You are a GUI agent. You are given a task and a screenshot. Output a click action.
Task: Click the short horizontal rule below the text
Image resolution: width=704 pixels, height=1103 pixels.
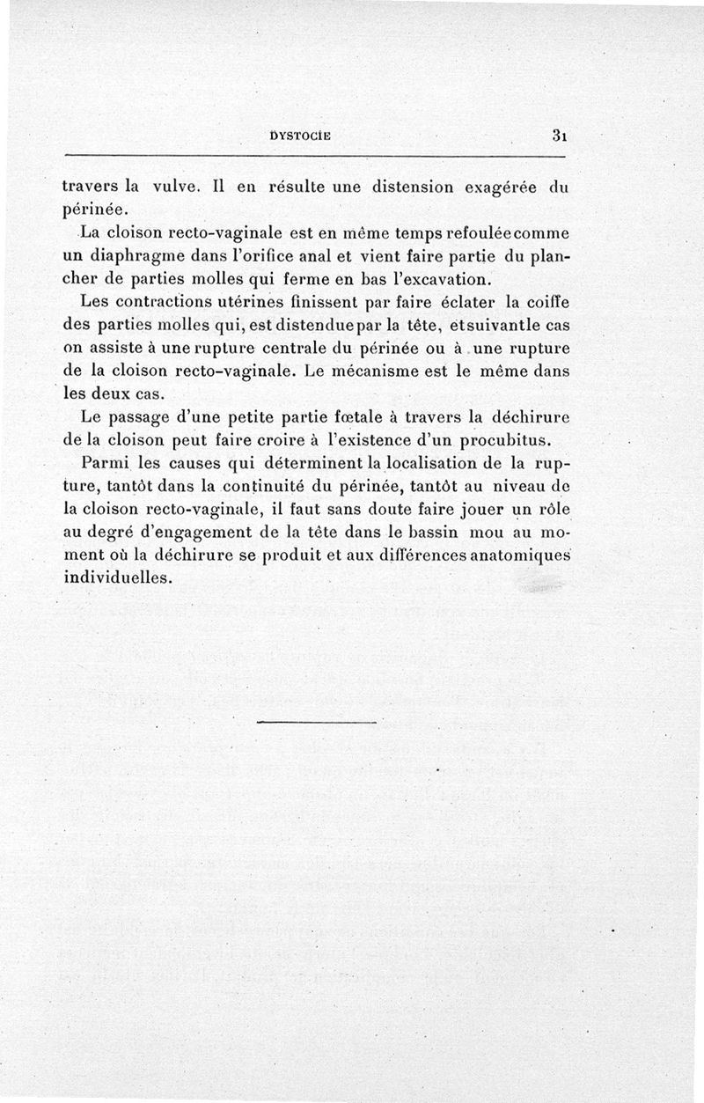point(319,724)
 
